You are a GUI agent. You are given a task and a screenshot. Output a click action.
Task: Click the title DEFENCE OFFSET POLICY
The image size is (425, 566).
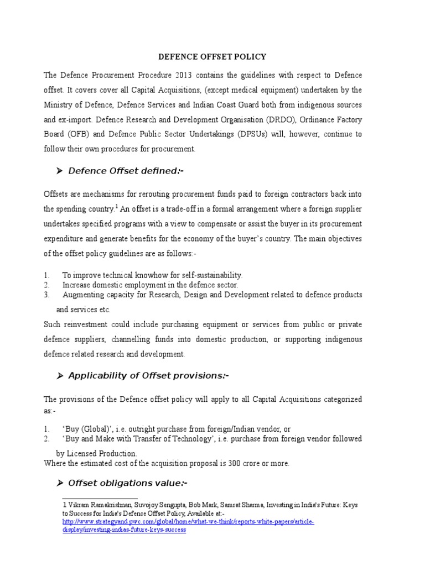pyautogui.click(x=212, y=57)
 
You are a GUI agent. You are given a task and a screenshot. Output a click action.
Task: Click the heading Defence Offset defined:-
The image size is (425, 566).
pyautogui.click(x=125, y=171)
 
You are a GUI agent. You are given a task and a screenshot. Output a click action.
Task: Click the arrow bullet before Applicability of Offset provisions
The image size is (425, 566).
pyautogui.click(x=60, y=376)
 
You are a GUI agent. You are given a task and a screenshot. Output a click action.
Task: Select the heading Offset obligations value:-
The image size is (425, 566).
pyautogui.click(x=127, y=483)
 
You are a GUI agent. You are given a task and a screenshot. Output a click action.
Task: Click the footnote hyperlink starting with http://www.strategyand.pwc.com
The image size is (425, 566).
pyautogui.click(x=188, y=521)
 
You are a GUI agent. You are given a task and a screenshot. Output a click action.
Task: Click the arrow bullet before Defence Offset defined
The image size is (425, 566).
pyautogui.click(x=60, y=171)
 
